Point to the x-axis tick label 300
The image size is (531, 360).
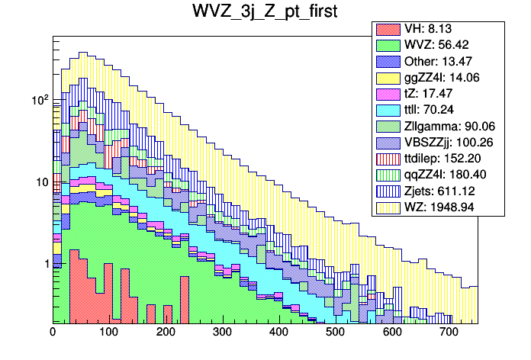pyautogui.click(x=222, y=333)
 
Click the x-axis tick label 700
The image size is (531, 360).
pyautogui.click(x=449, y=333)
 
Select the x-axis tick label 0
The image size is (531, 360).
pyautogui.click(x=53, y=333)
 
